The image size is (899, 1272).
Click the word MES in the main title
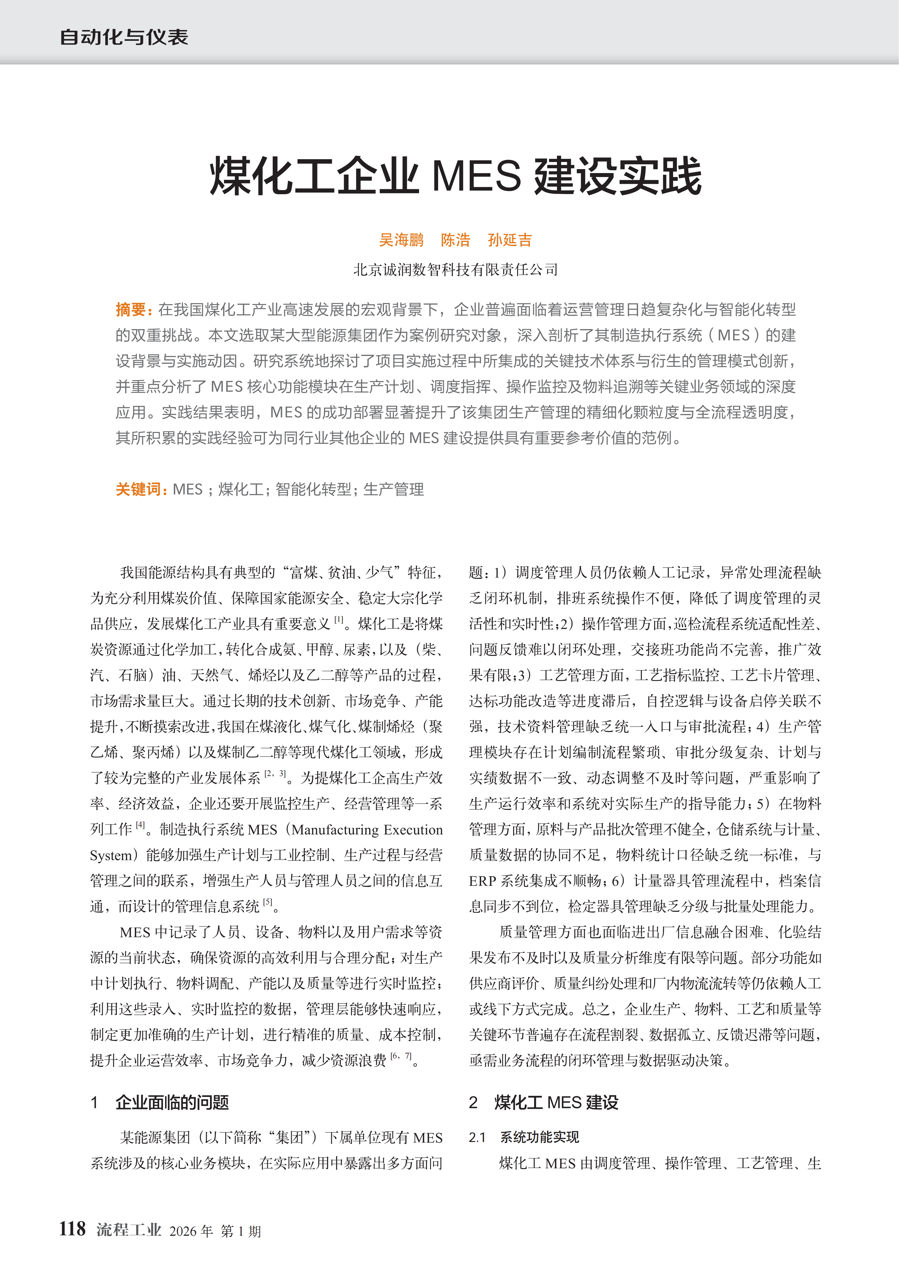point(476,176)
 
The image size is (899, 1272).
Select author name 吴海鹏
point(401,240)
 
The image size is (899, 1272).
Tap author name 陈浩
point(455,240)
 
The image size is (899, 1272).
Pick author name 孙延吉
point(510,240)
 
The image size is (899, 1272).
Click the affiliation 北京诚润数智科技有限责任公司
point(455,270)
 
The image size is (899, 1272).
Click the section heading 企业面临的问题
point(172,1102)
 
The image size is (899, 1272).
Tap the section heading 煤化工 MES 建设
point(556,1102)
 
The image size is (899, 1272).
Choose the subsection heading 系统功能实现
point(539,1137)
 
